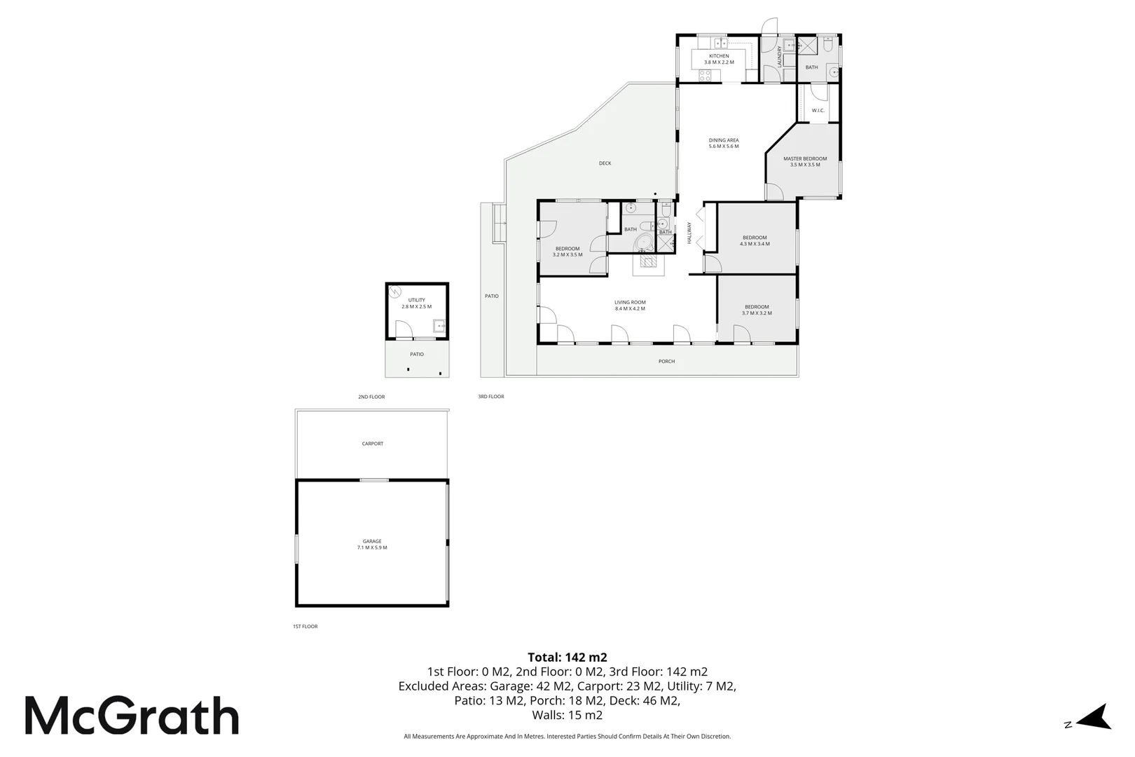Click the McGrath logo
pos(132,716)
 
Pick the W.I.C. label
pos(818,111)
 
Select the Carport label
pos(373,444)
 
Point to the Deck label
pos(605,163)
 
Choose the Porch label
pos(667,362)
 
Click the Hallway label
pos(689,233)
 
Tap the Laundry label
pos(779,56)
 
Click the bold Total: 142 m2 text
pos(567,657)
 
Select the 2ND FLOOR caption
pos(371,397)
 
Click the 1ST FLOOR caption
pos(305,627)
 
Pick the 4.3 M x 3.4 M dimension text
pos(755,244)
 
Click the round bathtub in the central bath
pos(644,243)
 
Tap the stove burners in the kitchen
pos(705,76)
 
